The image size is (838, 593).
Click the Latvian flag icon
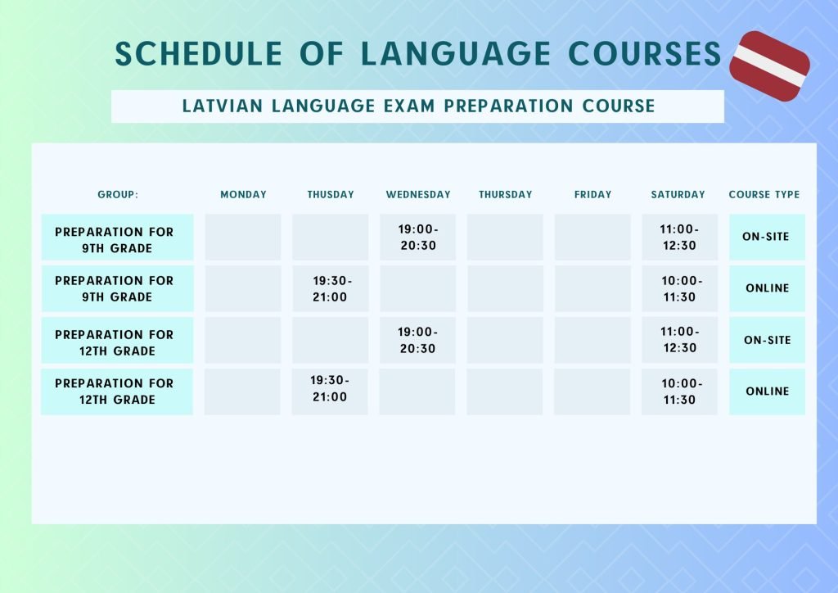tap(769, 66)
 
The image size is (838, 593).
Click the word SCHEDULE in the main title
tap(199, 54)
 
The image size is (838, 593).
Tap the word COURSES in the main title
tap(645, 54)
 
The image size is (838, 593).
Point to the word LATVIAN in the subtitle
tap(223, 106)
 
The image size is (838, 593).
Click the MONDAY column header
tap(243, 195)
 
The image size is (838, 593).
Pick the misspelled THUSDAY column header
tap(331, 195)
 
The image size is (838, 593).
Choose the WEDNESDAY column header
tap(418, 195)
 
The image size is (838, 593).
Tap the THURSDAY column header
tap(505, 195)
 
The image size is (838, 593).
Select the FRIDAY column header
tap(592, 195)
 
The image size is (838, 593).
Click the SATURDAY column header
tap(678, 195)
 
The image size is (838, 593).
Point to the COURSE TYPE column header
tap(764, 195)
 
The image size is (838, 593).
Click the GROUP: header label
tap(118, 195)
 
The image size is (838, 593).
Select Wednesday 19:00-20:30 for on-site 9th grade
tap(418, 238)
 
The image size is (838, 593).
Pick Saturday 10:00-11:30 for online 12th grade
tap(679, 392)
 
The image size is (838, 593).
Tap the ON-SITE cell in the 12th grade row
tap(767, 340)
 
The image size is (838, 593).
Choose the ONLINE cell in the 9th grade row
tap(767, 288)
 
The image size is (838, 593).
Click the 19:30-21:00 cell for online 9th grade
tap(331, 289)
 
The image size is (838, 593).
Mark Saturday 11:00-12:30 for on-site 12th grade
tap(679, 340)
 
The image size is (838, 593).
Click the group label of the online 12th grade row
tap(117, 392)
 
